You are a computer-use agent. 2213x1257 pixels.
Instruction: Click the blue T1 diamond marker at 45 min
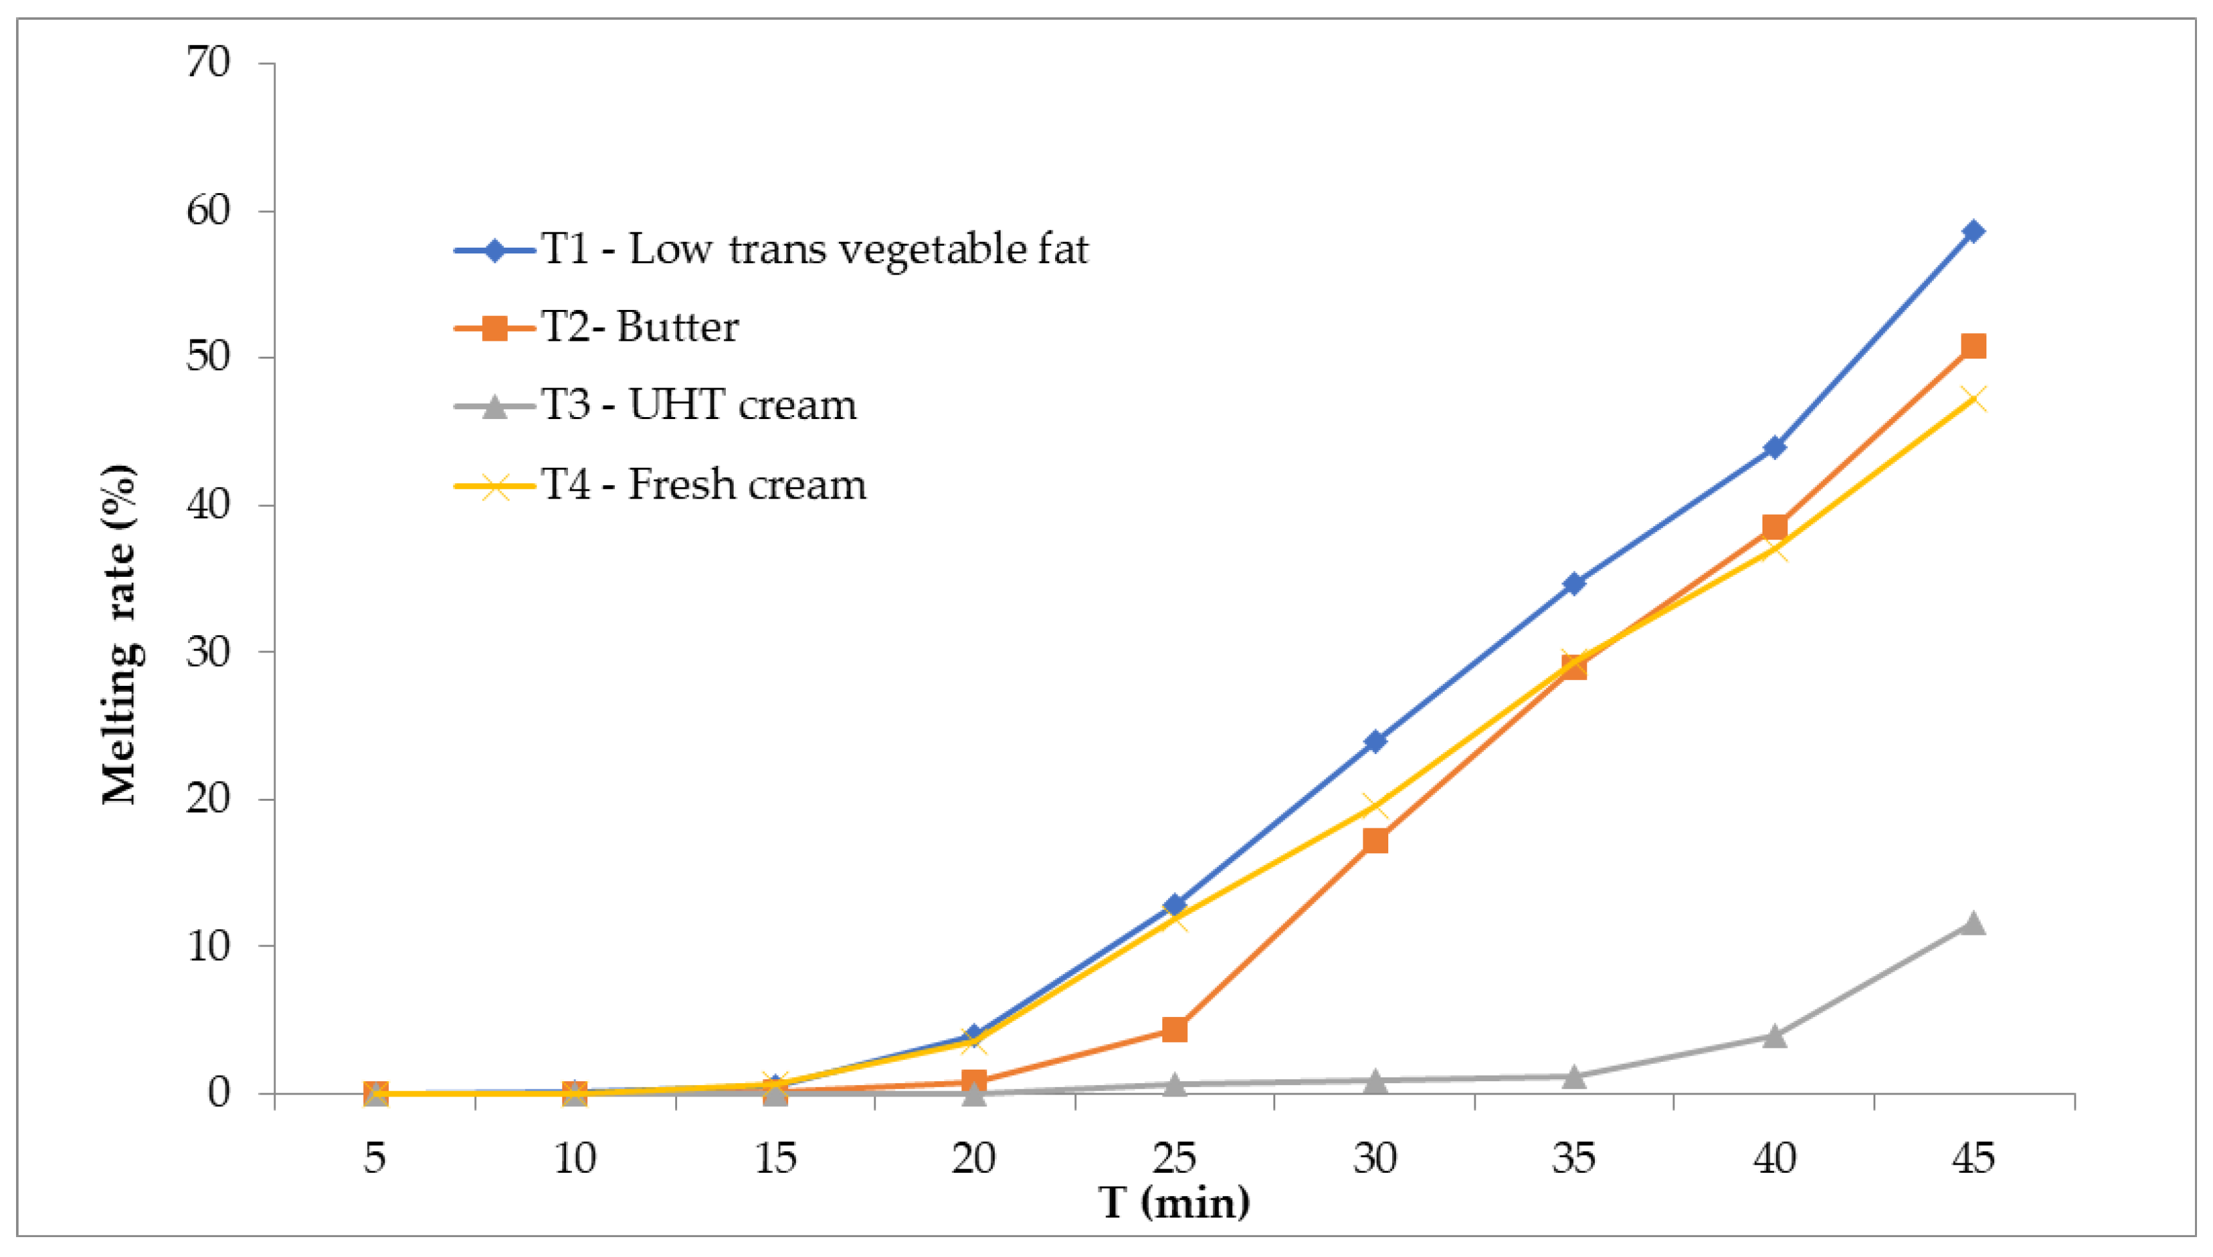[x=1973, y=232]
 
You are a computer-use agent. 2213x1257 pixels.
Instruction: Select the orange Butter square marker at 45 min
[x=1973, y=346]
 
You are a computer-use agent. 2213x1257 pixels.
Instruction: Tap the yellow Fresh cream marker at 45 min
[x=1973, y=399]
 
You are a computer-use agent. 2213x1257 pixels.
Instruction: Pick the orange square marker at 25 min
[x=1175, y=1029]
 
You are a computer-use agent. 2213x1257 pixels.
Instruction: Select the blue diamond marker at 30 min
[x=1375, y=740]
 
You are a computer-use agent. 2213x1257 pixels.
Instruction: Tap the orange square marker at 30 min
[x=1375, y=840]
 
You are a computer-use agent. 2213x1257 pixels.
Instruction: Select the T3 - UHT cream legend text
[x=698, y=406]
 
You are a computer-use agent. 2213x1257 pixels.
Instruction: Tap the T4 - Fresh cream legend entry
[x=703, y=485]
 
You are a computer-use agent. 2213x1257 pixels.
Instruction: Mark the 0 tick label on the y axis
[x=220, y=1093]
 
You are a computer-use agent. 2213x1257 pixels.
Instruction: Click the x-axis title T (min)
[x=1175, y=1202]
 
